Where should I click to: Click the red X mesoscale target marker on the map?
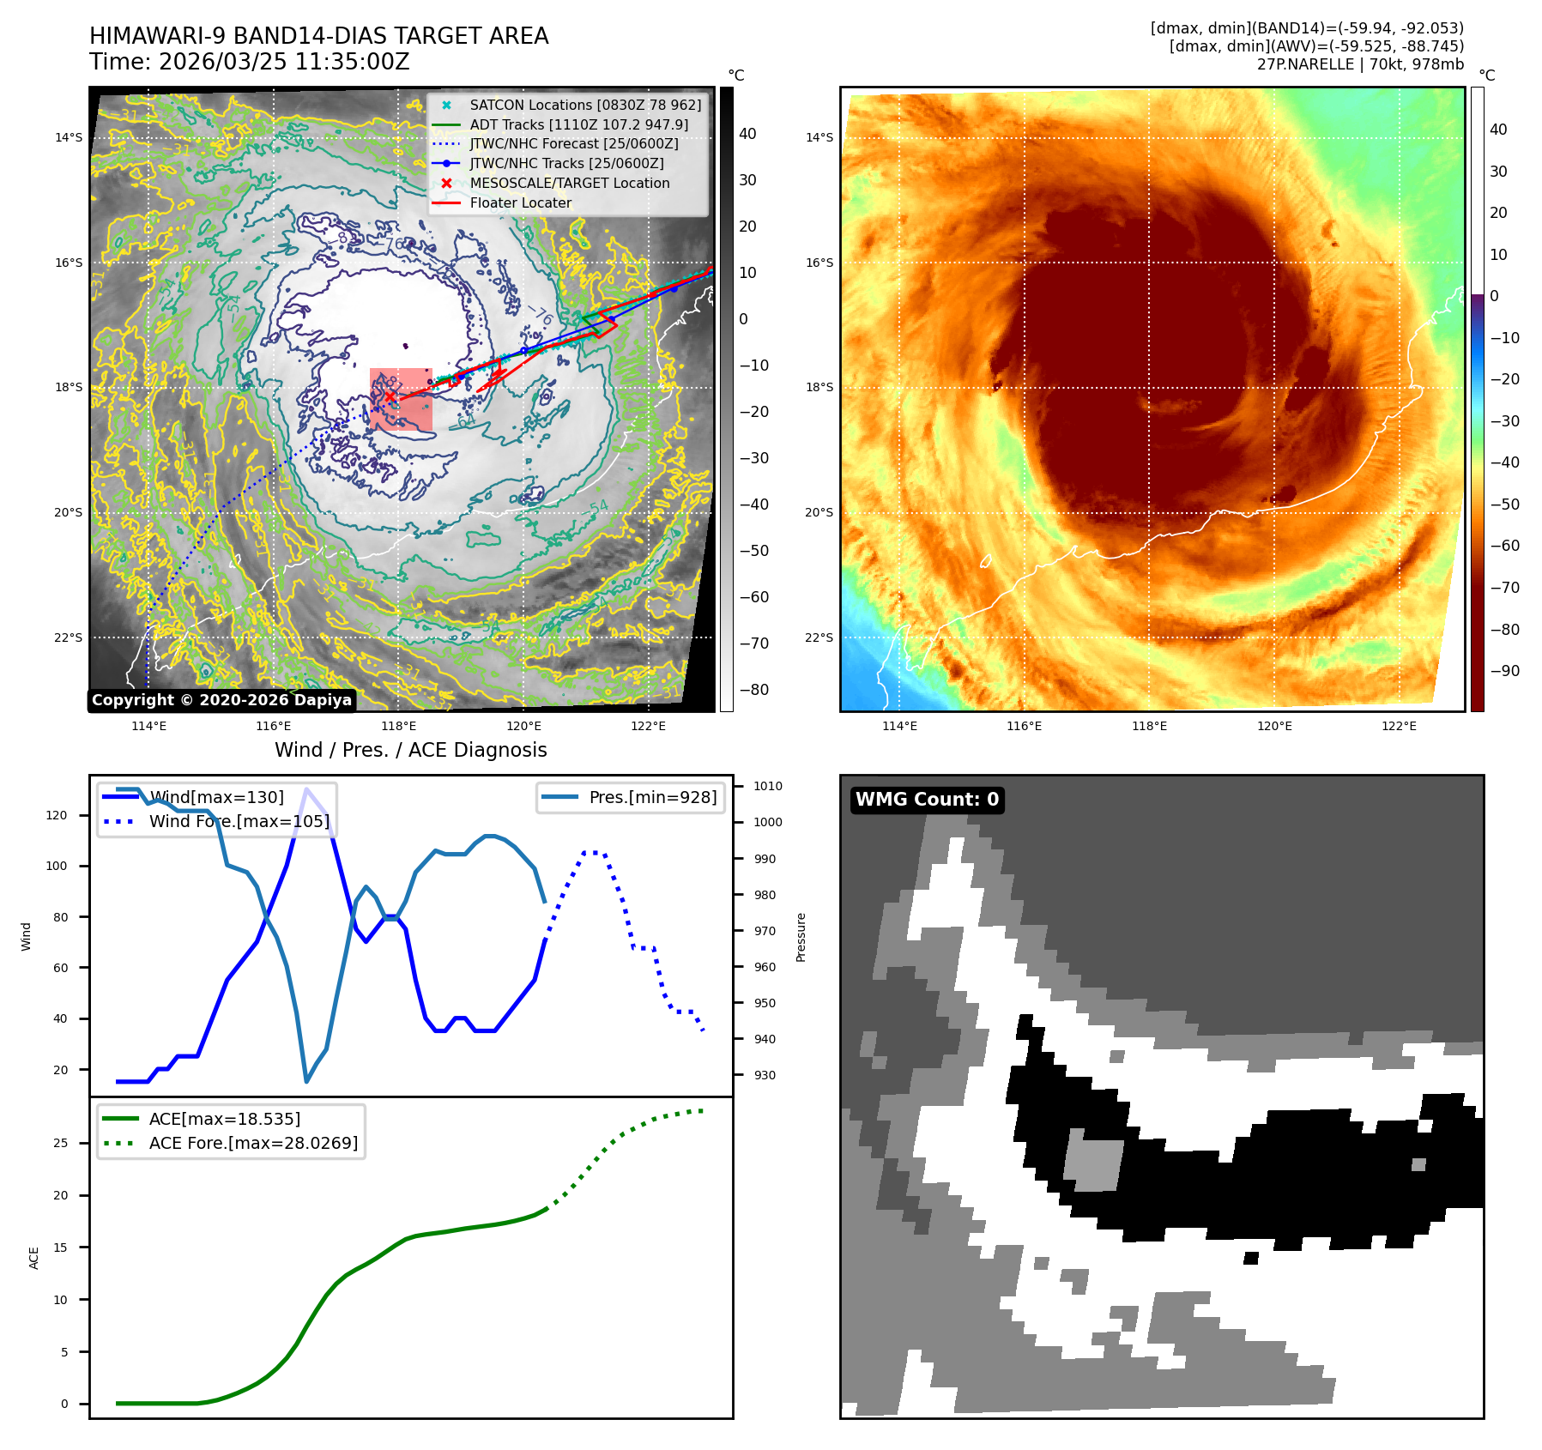[x=390, y=397]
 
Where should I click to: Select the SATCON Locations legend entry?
[x=584, y=105]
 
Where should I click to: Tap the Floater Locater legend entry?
[x=520, y=202]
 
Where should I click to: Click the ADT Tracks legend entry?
[x=578, y=124]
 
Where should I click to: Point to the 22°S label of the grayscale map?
[x=69, y=637]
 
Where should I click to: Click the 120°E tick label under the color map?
[x=1274, y=726]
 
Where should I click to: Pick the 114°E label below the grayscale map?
[x=148, y=726]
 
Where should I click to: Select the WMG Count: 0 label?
[x=927, y=800]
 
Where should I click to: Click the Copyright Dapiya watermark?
[x=221, y=700]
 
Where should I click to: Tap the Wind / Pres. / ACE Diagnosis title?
[x=410, y=750]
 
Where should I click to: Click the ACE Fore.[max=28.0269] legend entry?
[x=253, y=1143]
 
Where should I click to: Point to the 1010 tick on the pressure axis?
[x=768, y=786]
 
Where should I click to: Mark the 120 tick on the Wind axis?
[x=57, y=815]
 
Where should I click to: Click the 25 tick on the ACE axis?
[x=60, y=1143]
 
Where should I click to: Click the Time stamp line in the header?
[x=249, y=63]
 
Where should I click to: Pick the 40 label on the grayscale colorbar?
[x=747, y=134]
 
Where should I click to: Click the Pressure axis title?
[x=801, y=937]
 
